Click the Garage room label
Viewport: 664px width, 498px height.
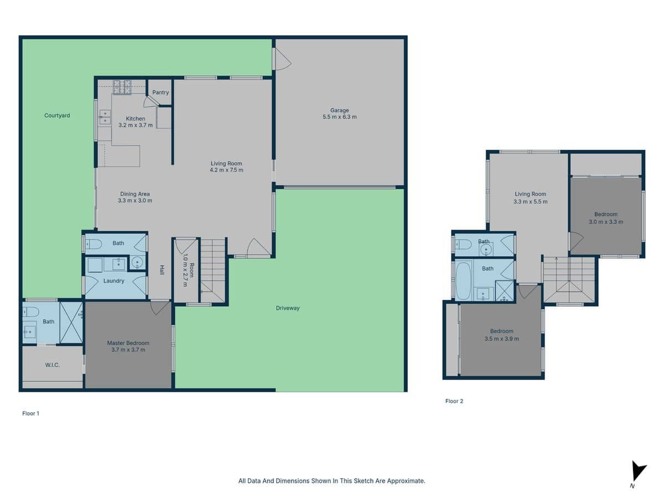pos(340,110)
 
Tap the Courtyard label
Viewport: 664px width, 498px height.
pos(57,116)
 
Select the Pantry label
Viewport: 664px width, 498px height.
pos(160,92)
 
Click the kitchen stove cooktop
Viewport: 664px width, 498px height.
pos(122,86)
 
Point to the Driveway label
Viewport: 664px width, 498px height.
pos(288,308)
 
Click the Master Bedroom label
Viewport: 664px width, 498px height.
pos(128,343)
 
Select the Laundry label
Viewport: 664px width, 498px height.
pos(113,281)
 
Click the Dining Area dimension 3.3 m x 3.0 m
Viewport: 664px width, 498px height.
pos(136,200)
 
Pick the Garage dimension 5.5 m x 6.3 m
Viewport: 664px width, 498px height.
pos(340,117)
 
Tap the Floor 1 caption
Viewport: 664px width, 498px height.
pos(30,413)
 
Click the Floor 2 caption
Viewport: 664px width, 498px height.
pos(454,401)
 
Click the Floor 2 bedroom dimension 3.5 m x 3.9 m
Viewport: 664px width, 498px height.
pos(501,339)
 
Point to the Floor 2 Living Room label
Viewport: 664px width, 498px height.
pos(530,194)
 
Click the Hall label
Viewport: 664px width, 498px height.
pos(162,270)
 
